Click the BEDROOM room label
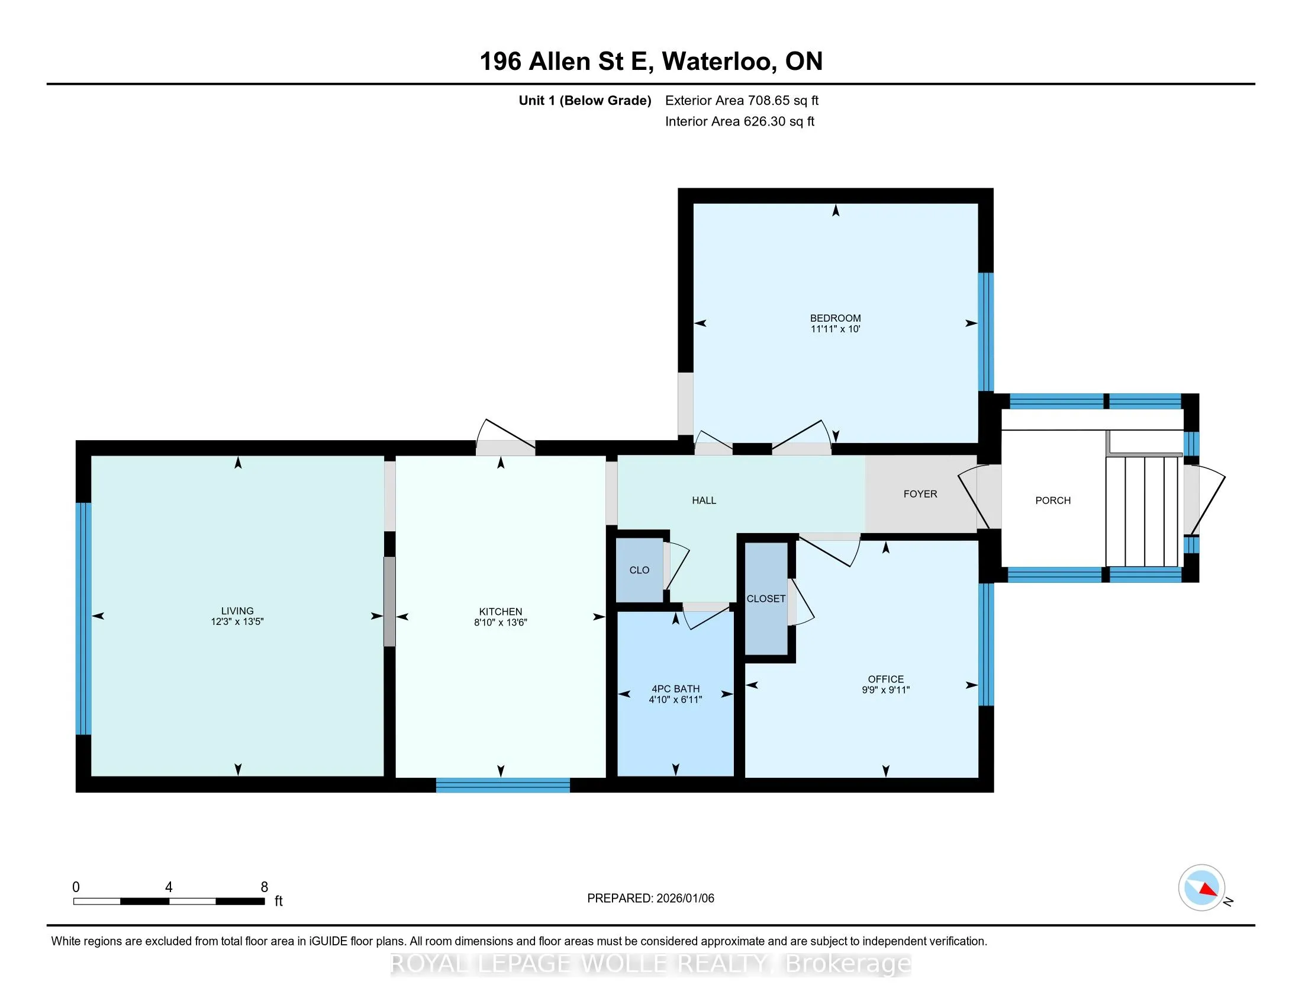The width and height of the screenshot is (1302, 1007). pos(835,318)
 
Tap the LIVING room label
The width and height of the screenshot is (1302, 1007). pos(237,611)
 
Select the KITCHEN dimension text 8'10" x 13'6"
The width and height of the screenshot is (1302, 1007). pos(501,622)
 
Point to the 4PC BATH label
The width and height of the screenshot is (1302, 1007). pos(675,689)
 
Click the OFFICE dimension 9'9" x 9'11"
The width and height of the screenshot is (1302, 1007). pos(886,689)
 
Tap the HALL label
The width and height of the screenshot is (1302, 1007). pos(704,501)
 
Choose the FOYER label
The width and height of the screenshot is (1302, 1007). pos(920,494)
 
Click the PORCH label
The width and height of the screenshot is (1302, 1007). pos(1053,501)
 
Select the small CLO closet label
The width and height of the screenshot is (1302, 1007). pos(639,570)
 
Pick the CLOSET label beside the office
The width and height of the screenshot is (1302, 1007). pos(766,599)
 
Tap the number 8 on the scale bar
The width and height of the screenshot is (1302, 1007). pos(264,887)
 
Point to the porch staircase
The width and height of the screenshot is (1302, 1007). pos(1143,511)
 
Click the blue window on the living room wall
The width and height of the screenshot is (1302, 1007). pos(83,618)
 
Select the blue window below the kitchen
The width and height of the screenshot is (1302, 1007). pos(502,785)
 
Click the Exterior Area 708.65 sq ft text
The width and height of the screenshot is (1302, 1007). pos(742,100)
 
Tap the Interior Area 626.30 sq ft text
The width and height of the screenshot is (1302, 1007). pos(740,121)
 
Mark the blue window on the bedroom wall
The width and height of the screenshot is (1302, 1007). pos(986,332)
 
